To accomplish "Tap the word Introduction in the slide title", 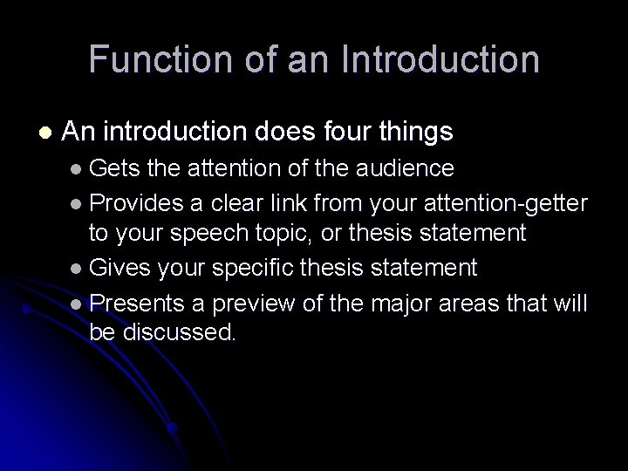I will click(441, 59).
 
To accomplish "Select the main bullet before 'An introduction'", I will click(44, 133).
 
